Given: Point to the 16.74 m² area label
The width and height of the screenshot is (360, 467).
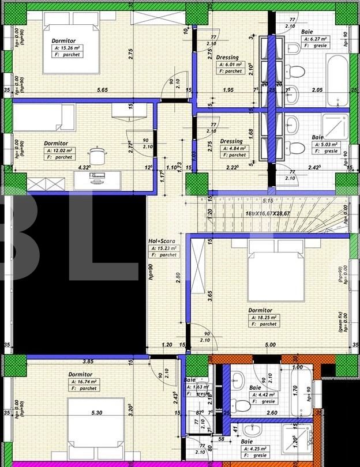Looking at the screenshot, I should click(x=85, y=382).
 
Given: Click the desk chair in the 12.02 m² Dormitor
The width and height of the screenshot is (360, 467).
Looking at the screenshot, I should click(x=96, y=155).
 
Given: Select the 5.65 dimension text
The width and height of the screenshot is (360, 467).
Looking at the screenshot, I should click(x=102, y=90).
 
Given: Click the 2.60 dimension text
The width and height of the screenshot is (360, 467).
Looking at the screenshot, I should click(x=273, y=412).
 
